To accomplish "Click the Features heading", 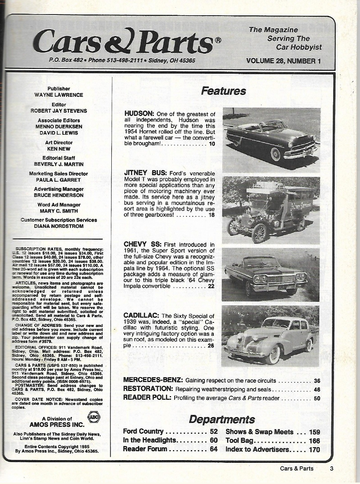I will coord(223,91).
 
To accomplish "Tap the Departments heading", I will coord(222,419).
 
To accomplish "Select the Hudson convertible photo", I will coord(271,140).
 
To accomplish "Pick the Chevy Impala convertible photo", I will coord(271,275).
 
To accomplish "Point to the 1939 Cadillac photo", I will coord(271,336).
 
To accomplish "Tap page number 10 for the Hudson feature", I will coord(212,144).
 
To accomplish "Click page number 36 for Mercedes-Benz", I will coord(317,381).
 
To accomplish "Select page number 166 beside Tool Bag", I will coord(315,441).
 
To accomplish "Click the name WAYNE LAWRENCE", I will coord(59,95).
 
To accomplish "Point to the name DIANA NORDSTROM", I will coord(59,226).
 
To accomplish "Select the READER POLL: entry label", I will coord(147,398).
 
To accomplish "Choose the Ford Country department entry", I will coord(143,432).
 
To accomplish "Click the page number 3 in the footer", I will coord(331,469).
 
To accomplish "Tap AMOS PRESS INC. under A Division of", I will coord(57,424).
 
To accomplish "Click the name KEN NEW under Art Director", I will coord(59,149).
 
